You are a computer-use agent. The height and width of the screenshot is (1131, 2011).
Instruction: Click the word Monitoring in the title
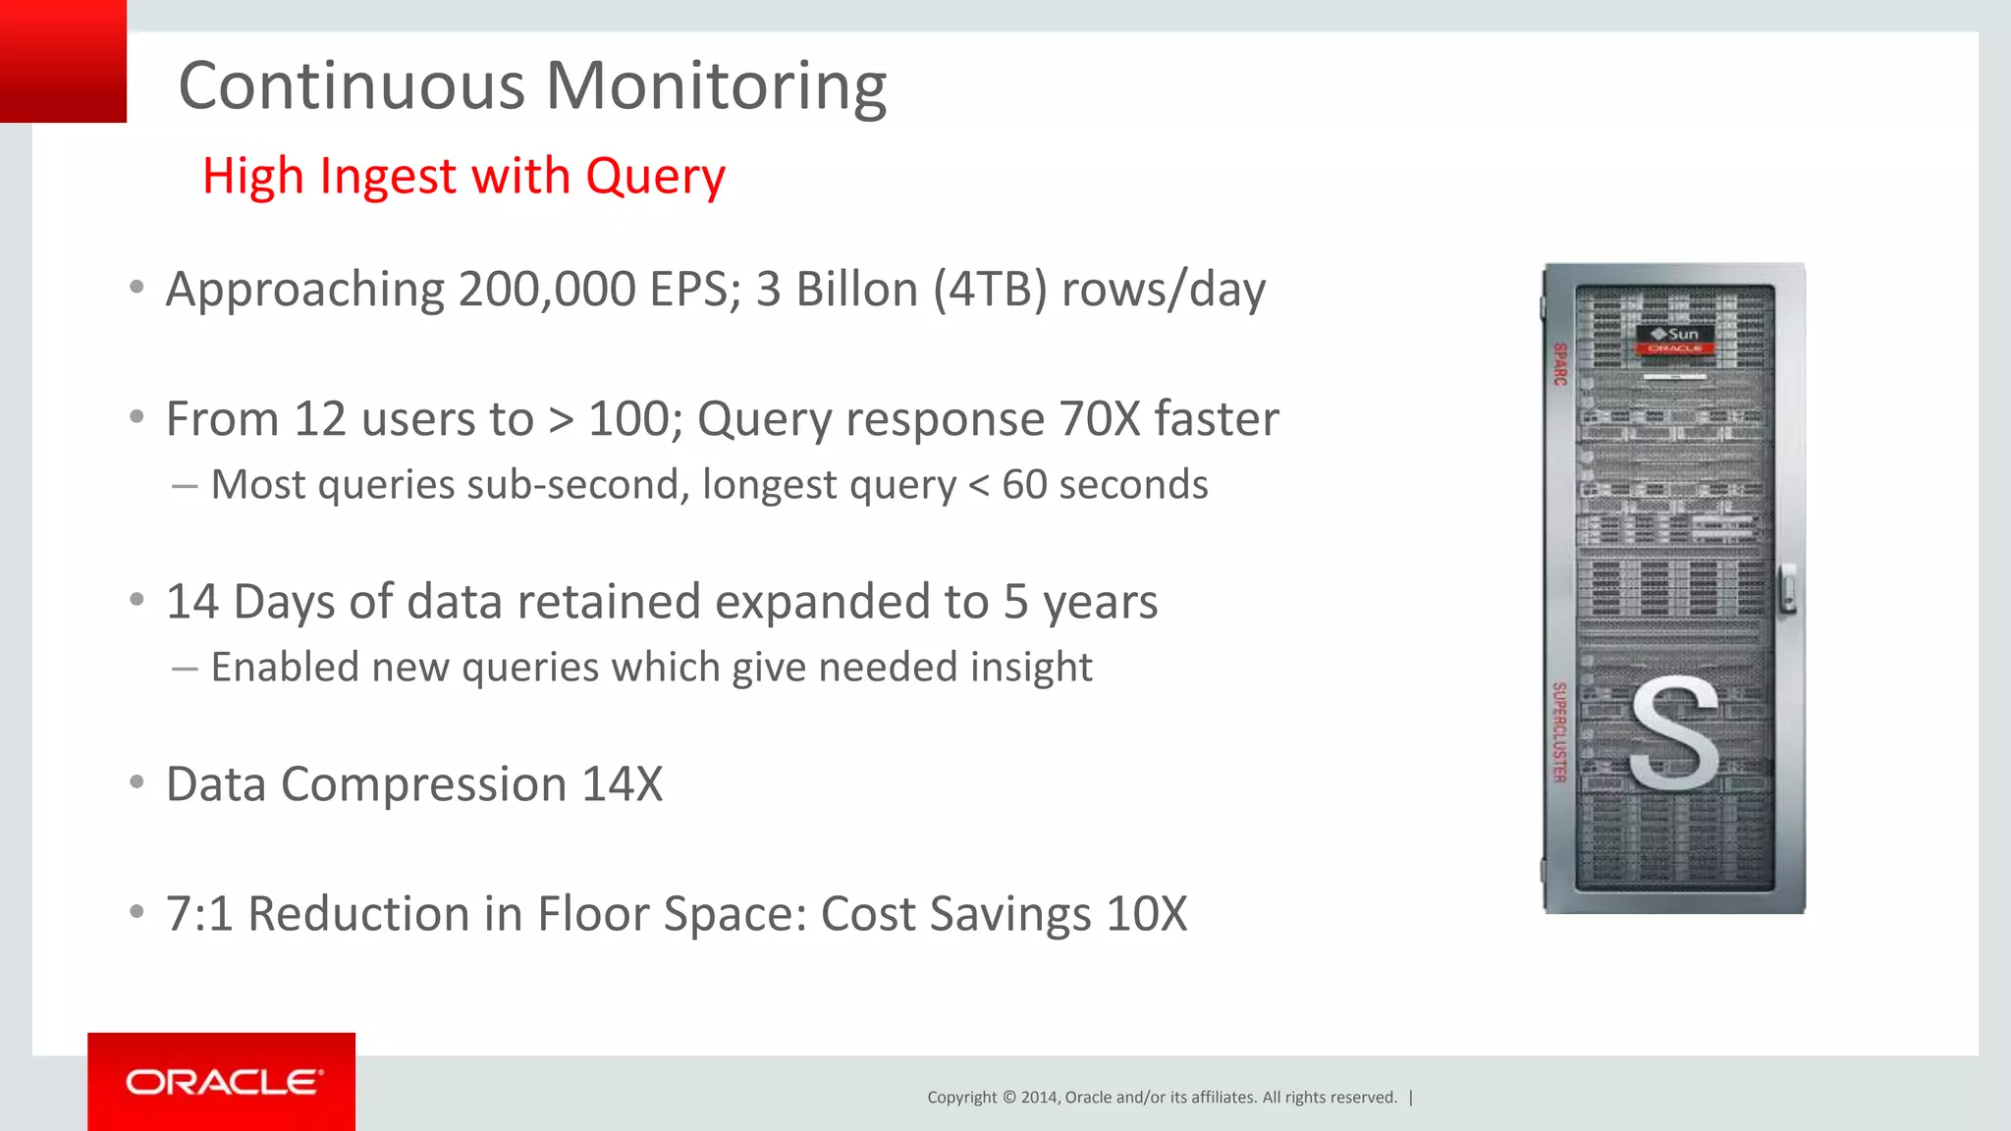tap(716, 86)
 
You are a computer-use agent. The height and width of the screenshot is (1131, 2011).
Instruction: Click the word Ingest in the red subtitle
tap(389, 178)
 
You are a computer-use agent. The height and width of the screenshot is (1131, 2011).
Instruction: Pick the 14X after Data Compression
tap(622, 784)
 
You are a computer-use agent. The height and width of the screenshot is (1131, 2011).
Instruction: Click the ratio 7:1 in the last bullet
tap(199, 914)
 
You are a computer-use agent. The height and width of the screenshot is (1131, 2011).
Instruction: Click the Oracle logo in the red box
tap(223, 1082)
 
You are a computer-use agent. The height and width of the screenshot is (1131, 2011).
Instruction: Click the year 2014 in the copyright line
tap(1040, 1098)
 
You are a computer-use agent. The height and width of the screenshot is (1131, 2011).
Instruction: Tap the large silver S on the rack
tap(1674, 735)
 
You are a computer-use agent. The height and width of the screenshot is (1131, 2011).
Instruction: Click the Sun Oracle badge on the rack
tap(1675, 340)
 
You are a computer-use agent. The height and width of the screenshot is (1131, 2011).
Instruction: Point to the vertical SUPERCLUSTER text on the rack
tap(1558, 732)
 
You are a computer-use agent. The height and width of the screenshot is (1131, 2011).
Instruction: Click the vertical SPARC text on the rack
tap(1559, 363)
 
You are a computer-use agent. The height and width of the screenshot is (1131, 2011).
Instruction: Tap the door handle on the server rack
tap(1789, 590)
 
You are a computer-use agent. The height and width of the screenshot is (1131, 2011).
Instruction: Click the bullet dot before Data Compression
tap(137, 782)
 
